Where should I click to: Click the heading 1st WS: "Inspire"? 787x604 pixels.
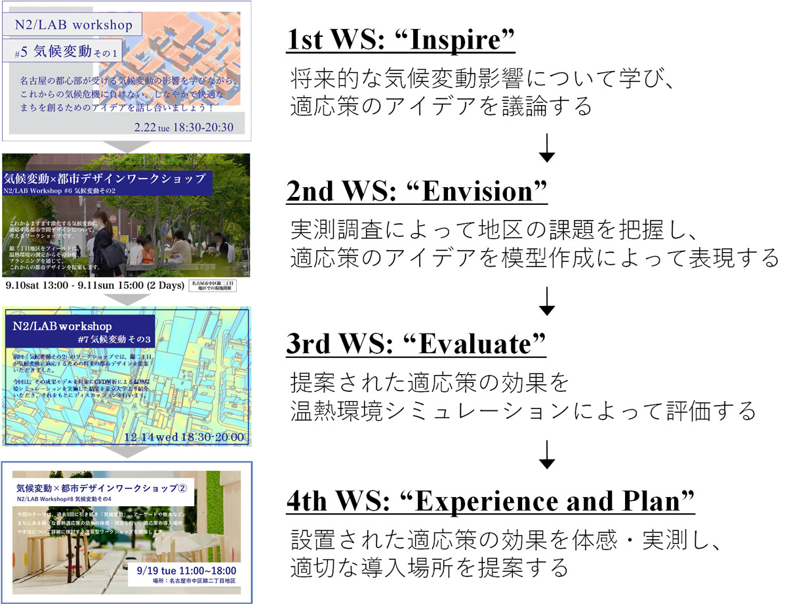coord(401,41)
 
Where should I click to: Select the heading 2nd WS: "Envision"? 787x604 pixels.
coord(417,192)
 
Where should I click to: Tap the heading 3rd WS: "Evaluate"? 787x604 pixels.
coord(416,343)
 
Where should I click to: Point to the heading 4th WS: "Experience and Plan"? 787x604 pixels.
coord(491,502)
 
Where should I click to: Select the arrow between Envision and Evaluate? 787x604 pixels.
coord(546,301)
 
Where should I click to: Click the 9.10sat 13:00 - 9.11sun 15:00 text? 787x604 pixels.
coord(94,286)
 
